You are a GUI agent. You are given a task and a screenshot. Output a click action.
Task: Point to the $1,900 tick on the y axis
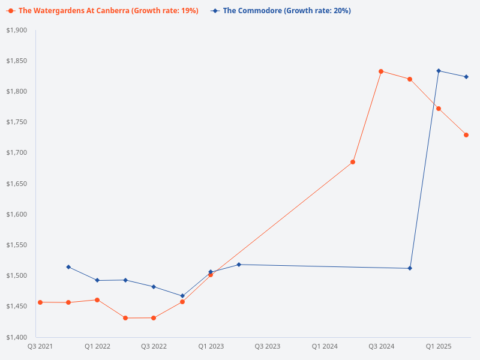(17, 30)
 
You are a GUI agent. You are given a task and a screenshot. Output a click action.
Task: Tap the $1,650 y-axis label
(17, 184)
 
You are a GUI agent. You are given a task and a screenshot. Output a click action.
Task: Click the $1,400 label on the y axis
(17, 337)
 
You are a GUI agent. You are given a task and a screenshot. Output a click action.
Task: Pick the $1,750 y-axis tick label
(17, 122)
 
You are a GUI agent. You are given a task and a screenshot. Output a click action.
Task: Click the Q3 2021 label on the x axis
(40, 346)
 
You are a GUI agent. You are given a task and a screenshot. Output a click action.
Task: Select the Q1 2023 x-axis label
(211, 346)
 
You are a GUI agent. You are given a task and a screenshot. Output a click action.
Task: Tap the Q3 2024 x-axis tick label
(381, 346)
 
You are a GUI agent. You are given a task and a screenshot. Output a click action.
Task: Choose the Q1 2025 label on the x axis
(439, 346)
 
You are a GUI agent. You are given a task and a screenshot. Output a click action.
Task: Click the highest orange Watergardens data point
(381, 71)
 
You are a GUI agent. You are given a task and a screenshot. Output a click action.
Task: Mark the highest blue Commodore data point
(439, 71)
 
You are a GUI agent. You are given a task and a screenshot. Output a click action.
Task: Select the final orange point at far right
(466, 135)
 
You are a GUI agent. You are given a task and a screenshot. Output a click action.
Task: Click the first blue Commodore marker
(68, 267)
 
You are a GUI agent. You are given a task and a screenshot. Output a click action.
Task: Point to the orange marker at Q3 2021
(40, 302)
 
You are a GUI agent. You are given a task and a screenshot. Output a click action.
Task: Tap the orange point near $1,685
(353, 162)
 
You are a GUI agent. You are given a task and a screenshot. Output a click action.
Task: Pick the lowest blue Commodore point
(182, 296)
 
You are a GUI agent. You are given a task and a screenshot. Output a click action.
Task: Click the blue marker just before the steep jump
(410, 268)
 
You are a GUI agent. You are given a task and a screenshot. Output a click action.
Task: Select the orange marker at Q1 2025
(439, 109)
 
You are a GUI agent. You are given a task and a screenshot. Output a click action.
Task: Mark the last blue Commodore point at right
(466, 77)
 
